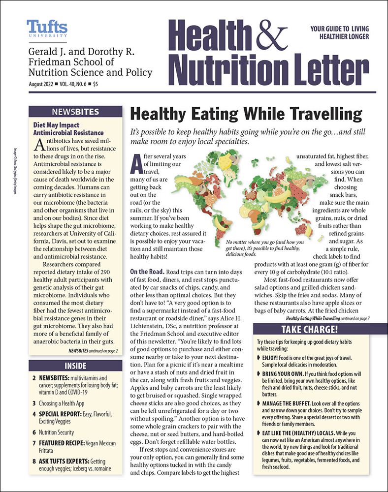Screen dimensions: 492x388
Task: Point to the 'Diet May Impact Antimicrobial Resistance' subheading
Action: (68, 129)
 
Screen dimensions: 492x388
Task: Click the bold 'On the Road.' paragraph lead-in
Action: (146, 272)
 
